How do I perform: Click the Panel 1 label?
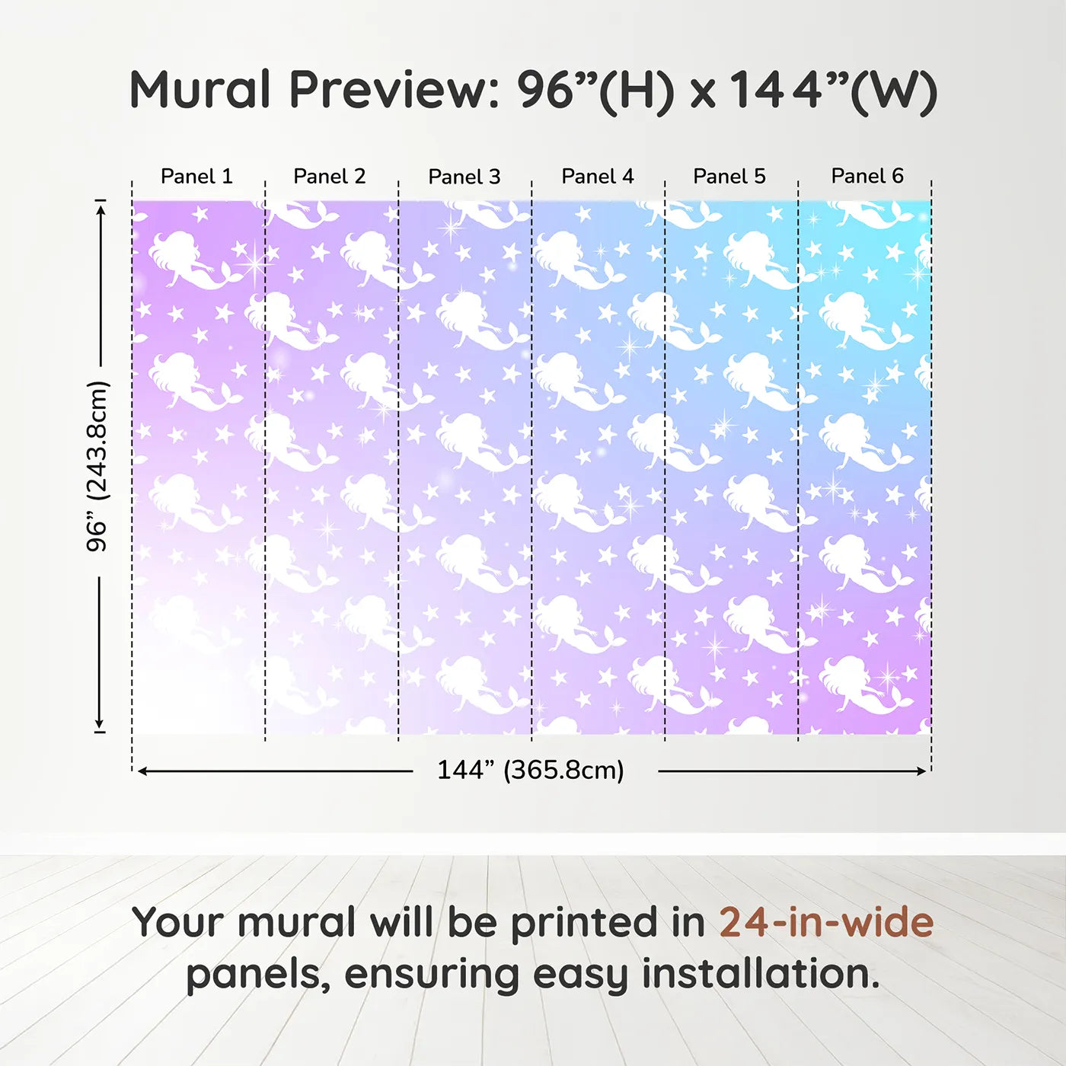196,176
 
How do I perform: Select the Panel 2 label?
329,176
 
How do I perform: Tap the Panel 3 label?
464,177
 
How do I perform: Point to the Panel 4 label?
598,176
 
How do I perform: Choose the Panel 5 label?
729,176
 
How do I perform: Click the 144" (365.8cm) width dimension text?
531,770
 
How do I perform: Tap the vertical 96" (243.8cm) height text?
97,466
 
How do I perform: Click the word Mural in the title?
200,89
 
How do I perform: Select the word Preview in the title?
395,90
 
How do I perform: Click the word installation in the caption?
761,974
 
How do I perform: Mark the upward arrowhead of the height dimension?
100,209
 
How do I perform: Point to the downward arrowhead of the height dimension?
100,723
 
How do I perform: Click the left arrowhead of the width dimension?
142,771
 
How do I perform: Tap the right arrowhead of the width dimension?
921,771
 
